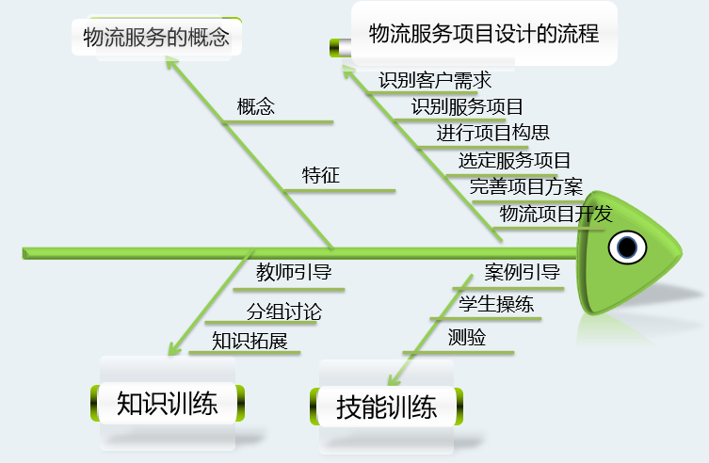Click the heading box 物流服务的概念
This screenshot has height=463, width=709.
155,39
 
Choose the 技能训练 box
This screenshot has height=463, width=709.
386,407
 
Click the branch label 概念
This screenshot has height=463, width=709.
256,106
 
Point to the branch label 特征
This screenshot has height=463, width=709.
321,175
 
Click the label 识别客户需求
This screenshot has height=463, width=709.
435,81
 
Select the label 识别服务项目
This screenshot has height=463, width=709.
467,106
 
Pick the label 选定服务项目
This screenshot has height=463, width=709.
514,160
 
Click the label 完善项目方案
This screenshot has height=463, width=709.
526,186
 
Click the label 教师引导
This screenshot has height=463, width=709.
294,273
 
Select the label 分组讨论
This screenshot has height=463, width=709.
284,311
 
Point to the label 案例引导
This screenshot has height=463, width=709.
523,273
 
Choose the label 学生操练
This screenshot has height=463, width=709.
496,304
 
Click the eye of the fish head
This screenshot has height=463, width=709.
626,247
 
